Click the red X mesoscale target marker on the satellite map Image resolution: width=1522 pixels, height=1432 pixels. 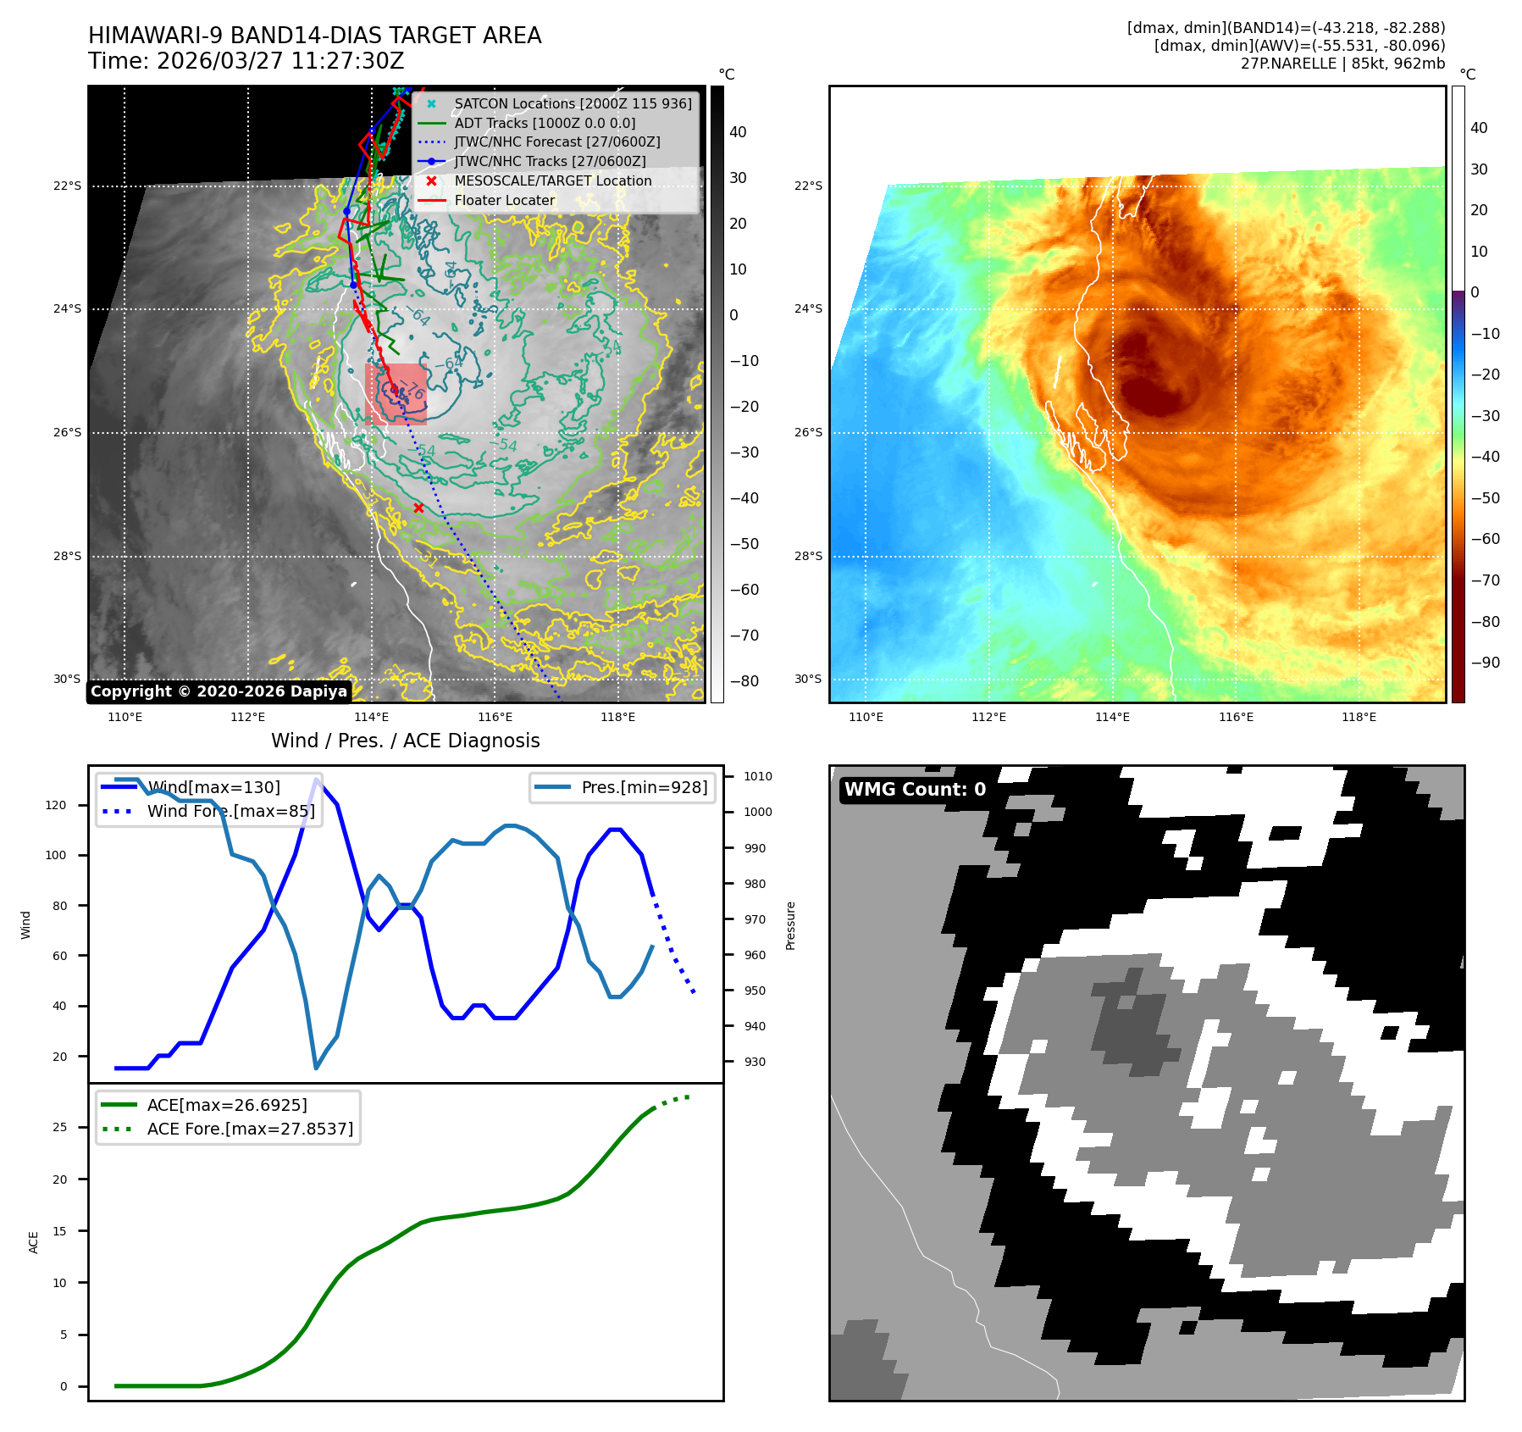click(418, 508)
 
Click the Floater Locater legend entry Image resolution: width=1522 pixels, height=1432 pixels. click(505, 201)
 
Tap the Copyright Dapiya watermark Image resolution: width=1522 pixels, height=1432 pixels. click(219, 691)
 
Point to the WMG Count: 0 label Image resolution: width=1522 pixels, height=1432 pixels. click(915, 790)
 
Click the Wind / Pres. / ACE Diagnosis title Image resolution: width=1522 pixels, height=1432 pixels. click(405, 741)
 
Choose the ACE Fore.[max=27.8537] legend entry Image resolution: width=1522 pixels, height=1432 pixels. click(250, 1129)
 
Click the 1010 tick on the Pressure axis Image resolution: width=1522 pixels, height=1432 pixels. click(758, 776)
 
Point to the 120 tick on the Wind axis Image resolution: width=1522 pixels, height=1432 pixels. click(56, 805)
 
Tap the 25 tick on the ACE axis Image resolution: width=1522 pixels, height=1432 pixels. click(59, 1127)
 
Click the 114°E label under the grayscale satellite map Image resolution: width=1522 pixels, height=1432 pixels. click(371, 718)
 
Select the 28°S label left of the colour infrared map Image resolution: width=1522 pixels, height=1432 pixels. click(808, 556)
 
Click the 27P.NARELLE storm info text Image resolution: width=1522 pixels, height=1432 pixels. click(1342, 64)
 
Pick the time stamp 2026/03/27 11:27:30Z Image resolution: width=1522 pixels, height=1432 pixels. click(280, 62)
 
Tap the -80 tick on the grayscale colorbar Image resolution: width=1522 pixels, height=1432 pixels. click(744, 681)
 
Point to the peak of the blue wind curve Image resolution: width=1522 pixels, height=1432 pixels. click(317, 779)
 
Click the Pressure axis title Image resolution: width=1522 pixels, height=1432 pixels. click(790, 925)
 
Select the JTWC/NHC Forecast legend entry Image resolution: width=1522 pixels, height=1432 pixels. click(556, 142)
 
